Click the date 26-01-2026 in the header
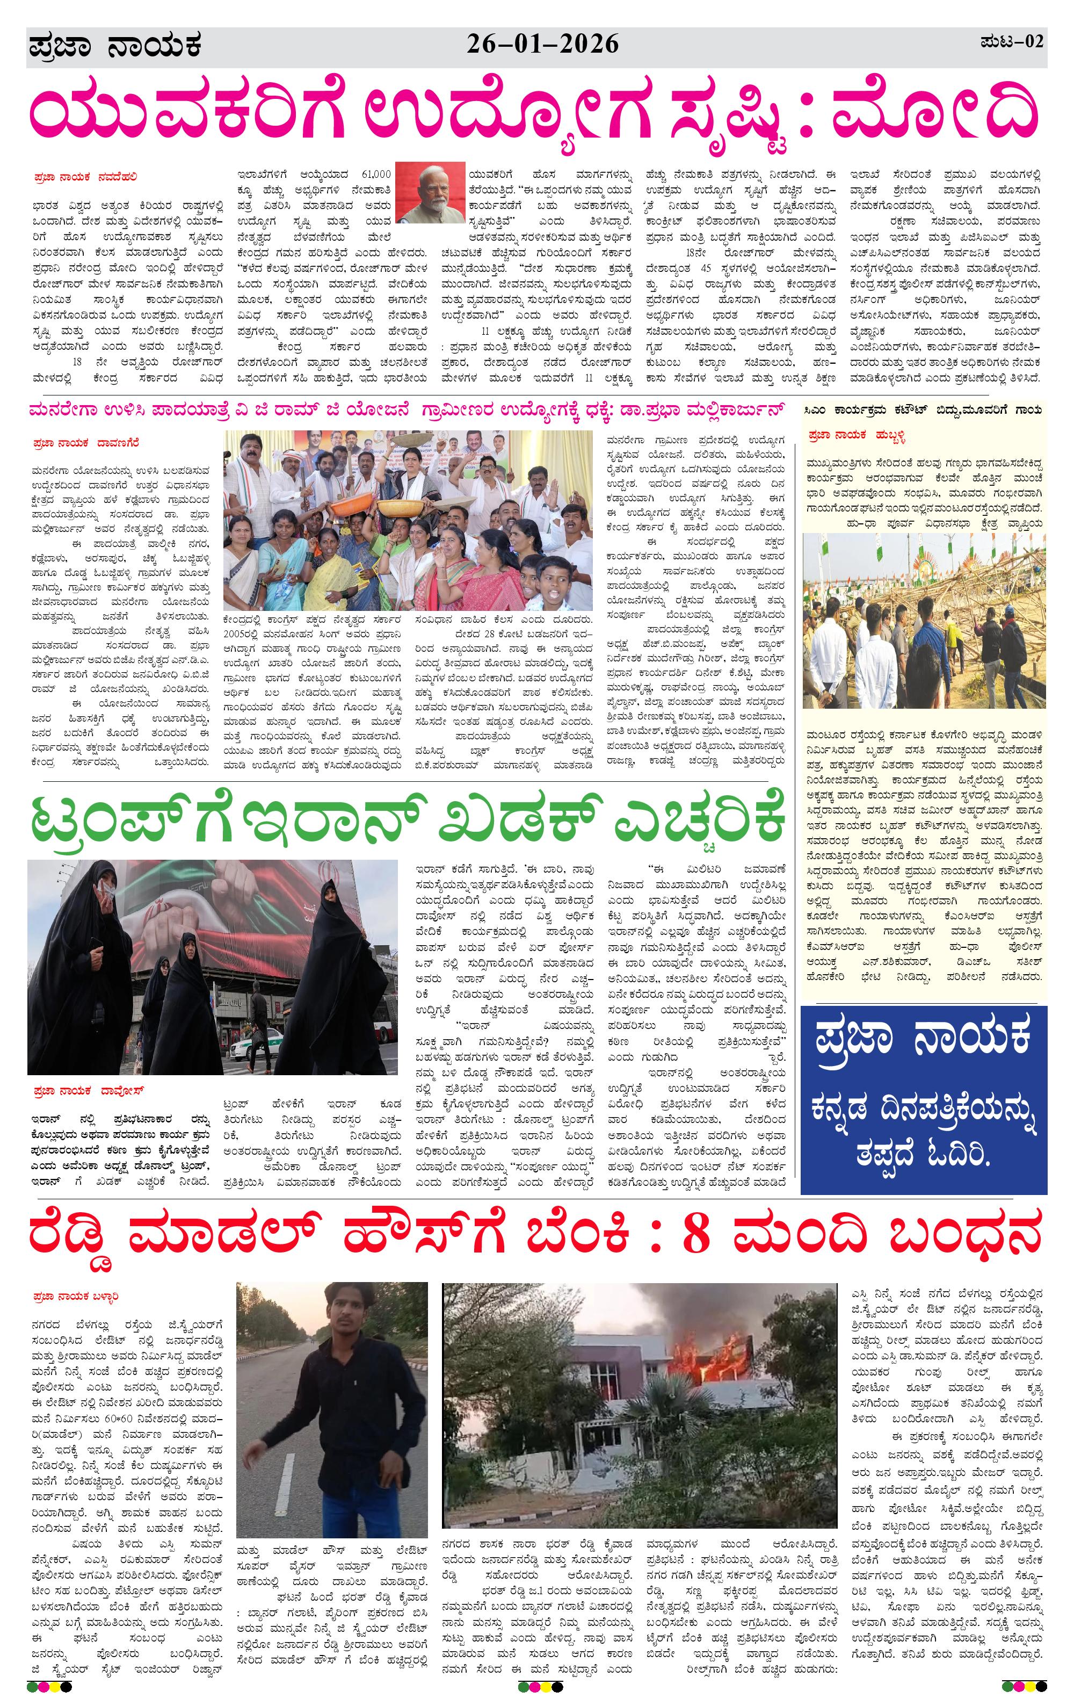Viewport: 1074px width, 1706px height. click(x=542, y=45)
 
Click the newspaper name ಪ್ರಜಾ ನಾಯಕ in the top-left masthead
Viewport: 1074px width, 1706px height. click(x=115, y=47)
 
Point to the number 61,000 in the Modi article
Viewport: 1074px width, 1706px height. click(x=376, y=174)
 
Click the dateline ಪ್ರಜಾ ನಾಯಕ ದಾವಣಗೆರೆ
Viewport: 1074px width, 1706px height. click(x=86, y=443)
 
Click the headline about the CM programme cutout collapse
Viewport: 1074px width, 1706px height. click(x=923, y=410)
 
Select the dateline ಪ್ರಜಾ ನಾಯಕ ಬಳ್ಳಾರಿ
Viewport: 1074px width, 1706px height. click(x=76, y=1297)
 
